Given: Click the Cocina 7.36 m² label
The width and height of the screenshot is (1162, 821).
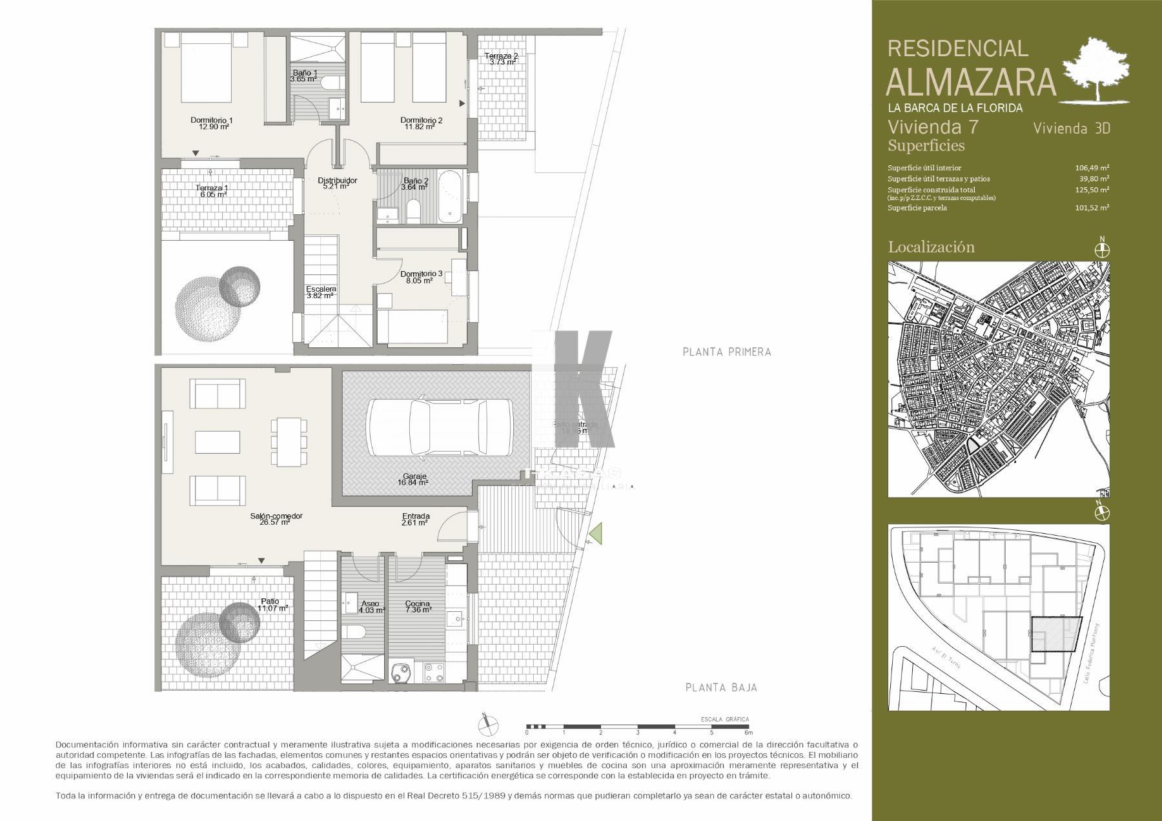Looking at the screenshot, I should point(417,607).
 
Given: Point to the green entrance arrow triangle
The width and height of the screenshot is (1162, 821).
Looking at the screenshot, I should point(596,534).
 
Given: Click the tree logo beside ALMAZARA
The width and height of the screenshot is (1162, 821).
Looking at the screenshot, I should point(1097,70).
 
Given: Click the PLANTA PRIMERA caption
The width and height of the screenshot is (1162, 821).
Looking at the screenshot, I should point(727,352).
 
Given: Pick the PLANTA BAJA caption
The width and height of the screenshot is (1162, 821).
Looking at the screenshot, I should point(721,688).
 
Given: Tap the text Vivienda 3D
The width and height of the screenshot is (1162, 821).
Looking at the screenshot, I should point(1071,128).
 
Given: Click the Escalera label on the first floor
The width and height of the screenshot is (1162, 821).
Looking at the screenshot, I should point(320,292).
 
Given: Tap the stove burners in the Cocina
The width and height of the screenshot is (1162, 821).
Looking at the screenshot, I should point(433,673).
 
